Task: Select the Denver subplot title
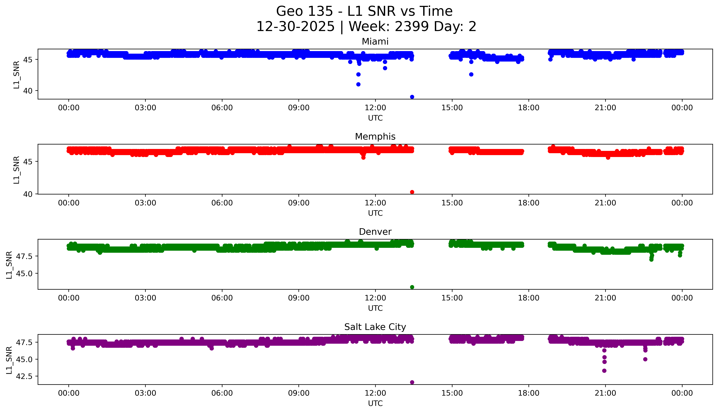[375, 232]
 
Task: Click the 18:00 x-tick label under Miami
[529, 108]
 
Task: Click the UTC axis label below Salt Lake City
[375, 403]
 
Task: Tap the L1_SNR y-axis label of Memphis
[16, 170]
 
